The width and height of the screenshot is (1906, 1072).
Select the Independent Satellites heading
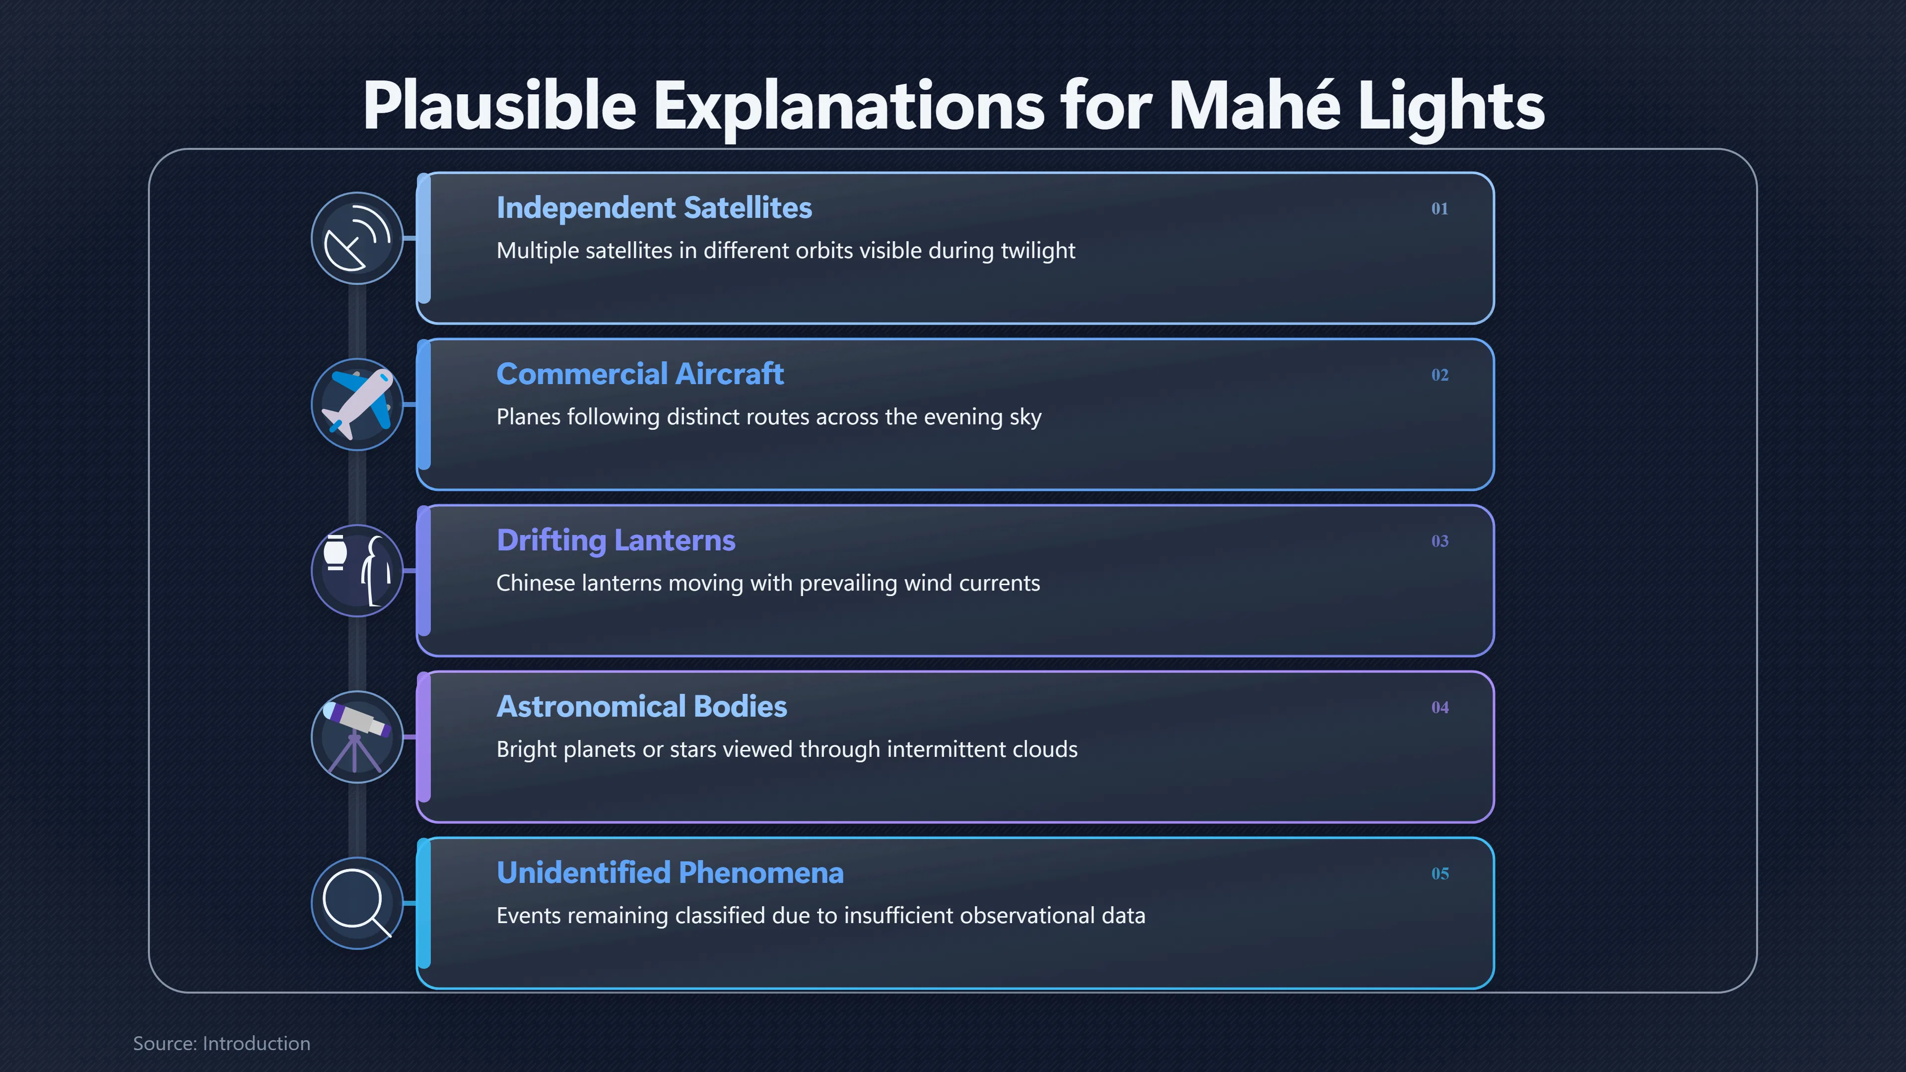point(654,208)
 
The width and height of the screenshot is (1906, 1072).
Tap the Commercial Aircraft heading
point(640,374)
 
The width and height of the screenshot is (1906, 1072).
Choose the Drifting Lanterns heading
point(615,541)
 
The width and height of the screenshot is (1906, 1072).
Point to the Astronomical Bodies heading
point(641,707)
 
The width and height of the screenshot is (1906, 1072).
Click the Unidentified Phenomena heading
point(670,873)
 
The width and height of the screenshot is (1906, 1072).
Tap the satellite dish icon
point(357,238)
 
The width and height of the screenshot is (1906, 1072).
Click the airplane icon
point(357,404)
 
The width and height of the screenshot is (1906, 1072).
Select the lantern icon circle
point(357,570)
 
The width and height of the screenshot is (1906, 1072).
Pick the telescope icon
point(357,737)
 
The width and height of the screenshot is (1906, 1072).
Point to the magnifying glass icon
point(357,903)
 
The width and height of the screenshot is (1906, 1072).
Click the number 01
point(1439,208)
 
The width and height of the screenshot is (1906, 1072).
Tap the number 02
point(1439,375)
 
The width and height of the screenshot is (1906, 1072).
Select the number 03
point(1439,541)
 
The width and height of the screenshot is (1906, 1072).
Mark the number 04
point(1439,707)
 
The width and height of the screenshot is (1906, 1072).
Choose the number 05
point(1439,873)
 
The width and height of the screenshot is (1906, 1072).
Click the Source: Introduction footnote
point(221,1043)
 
